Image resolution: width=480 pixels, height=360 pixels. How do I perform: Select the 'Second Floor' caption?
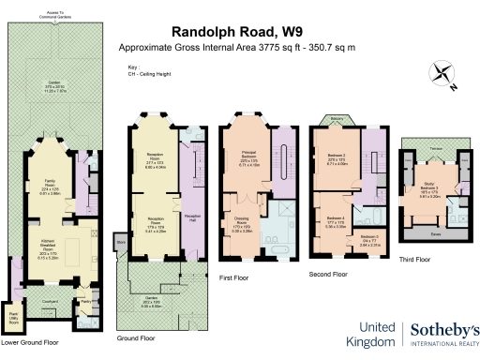pyautogui.click(x=328, y=275)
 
